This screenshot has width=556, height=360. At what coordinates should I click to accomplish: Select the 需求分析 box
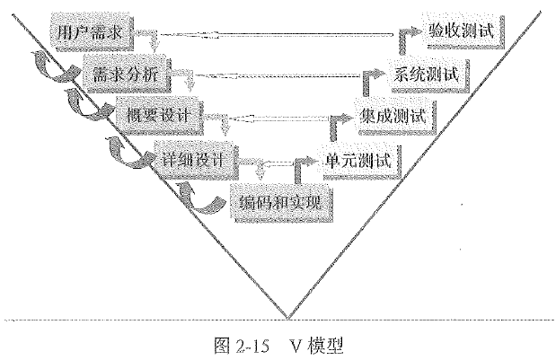(126, 75)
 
